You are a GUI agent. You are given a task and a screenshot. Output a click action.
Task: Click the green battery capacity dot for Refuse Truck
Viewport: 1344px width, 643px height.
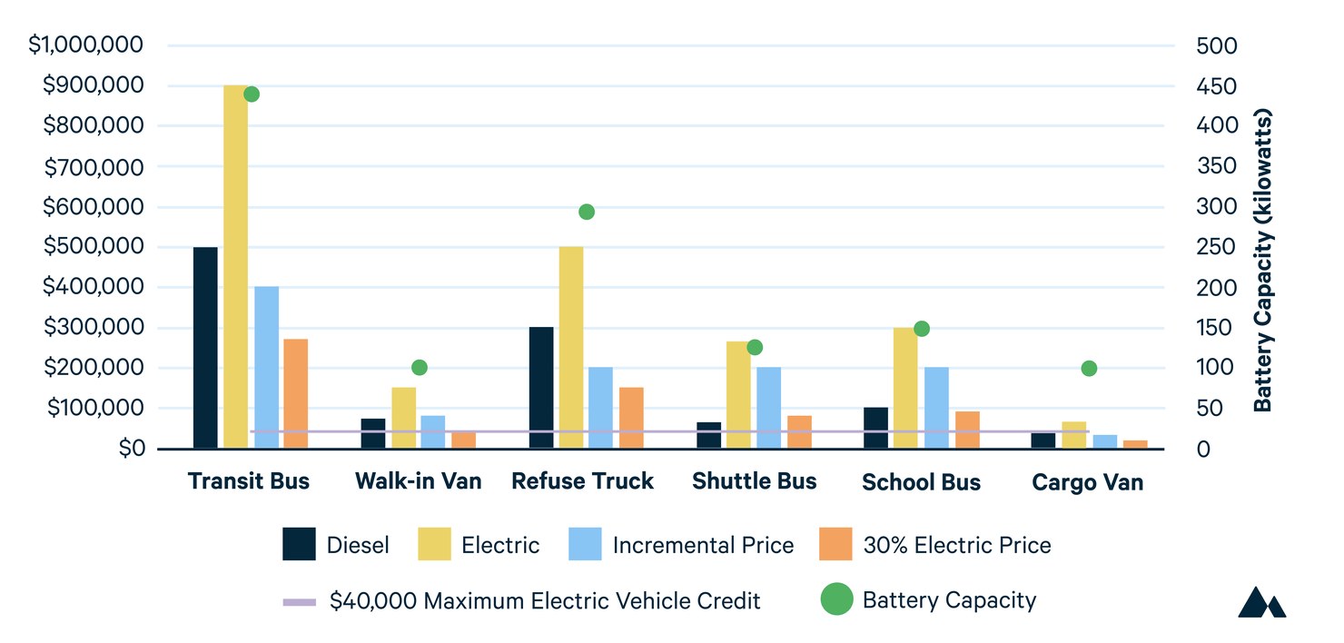pyautogui.click(x=587, y=212)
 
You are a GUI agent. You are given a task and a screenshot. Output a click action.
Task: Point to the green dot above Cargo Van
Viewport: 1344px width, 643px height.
pyautogui.click(x=1089, y=368)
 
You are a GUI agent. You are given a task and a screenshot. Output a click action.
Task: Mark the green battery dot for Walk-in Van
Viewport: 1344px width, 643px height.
pyautogui.click(x=419, y=367)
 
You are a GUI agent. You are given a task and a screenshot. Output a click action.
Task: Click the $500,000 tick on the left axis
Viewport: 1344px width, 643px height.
pyautogui.click(x=93, y=247)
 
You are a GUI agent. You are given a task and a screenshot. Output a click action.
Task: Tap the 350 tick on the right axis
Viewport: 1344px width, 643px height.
pyautogui.click(x=1192, y=166)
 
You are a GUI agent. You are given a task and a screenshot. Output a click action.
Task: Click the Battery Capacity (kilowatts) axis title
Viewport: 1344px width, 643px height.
pyautogui.click(x=1263, y=261)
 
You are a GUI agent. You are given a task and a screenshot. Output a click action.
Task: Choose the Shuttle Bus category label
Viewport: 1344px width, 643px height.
pyautogui.click(x=754, y=481)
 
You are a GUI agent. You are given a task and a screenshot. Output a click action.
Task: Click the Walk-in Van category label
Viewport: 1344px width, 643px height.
pyautogui.click(x=418, y=481)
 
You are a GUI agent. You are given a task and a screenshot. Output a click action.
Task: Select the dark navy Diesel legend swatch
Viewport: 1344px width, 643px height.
pyautogui.click(x=300, y=545)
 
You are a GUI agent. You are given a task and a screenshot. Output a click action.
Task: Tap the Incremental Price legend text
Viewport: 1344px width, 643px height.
pyautogui.click(x=703, y=545)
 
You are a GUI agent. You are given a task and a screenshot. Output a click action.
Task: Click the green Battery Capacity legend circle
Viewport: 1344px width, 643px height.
pyautogui.click(x=836, y=600)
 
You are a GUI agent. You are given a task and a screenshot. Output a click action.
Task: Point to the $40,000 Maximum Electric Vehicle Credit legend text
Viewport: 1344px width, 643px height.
pyautogui.click(x=545, y=600)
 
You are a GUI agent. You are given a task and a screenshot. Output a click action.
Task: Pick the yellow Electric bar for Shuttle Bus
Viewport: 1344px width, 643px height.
pyautogui.click(x=738, y=394)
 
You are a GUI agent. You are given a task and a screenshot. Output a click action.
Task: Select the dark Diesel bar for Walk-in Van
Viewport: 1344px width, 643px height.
pyautogui.click(x=373, y=433)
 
